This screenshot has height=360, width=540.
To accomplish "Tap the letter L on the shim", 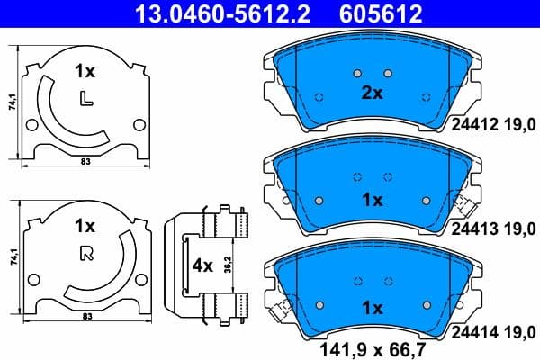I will (85, 97).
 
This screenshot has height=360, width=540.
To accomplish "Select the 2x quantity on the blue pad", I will (373, 93).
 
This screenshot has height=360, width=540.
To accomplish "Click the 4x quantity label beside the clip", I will (202, 266).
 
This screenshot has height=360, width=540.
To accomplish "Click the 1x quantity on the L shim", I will (85, 70).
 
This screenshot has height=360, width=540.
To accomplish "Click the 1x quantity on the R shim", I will (85, 225).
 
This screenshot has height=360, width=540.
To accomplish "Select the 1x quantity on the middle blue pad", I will (373, 200).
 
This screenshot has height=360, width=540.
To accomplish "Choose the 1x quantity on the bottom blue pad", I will (373, 308).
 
